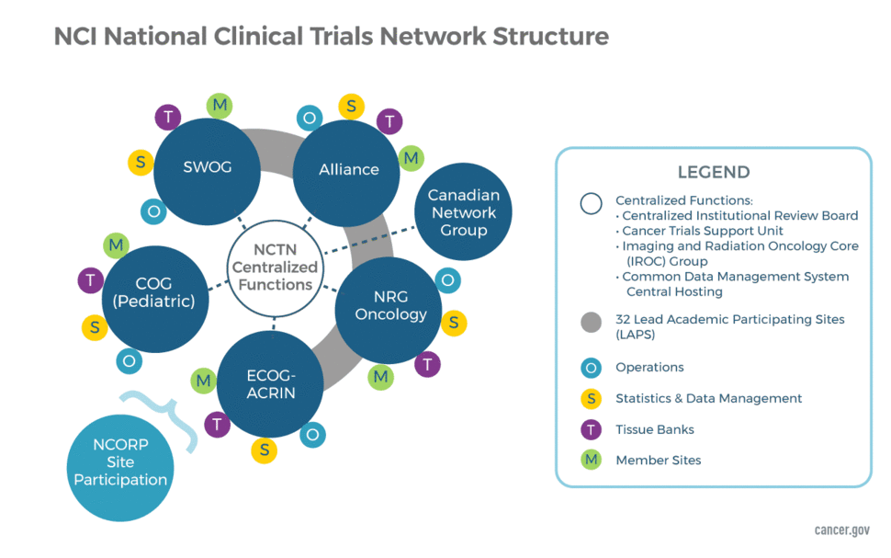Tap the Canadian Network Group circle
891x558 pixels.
coord(463,213)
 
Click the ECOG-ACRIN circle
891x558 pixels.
coord(270,383)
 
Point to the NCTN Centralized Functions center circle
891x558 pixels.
coord(275,268)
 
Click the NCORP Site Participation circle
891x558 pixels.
coord(120,462)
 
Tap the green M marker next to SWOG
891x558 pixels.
coord(220,105)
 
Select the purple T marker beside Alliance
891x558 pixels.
coord(389,121)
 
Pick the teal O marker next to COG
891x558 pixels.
coord(129,361)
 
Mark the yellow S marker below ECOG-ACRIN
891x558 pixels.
coord(264,450)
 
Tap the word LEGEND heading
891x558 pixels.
coord(713,172)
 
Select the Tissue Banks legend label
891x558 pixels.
coord(654,429)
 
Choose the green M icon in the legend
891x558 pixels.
coord(592,460)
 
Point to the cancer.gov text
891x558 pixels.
coord(841,530)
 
